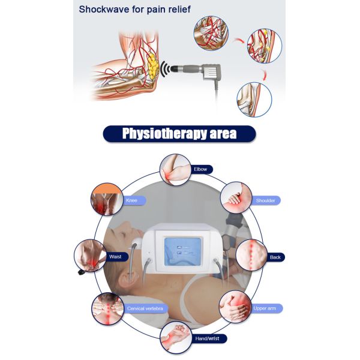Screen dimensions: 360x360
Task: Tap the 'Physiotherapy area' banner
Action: (179, 133)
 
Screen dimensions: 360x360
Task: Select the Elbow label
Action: (200, 169)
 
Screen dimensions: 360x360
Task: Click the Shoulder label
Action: (265, 200)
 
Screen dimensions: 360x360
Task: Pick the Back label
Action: (275, 257)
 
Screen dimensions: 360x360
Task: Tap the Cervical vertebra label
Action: (145, 308)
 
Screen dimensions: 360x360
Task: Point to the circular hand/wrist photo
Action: (175, 337)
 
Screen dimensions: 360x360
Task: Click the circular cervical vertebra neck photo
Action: (107, 309)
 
